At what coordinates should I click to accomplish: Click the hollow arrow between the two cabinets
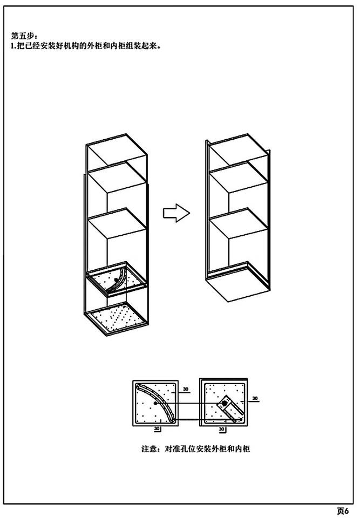[176, 213]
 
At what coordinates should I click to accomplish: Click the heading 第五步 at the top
[22, 36]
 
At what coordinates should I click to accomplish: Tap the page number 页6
[343, 510]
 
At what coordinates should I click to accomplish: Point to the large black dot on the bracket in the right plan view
[225, 404]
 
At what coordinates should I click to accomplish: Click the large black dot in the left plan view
[155, 403]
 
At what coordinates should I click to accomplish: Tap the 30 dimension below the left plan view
[157, 429]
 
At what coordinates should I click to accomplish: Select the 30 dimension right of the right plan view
[255, 398]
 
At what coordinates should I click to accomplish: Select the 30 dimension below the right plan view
[222, 429]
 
